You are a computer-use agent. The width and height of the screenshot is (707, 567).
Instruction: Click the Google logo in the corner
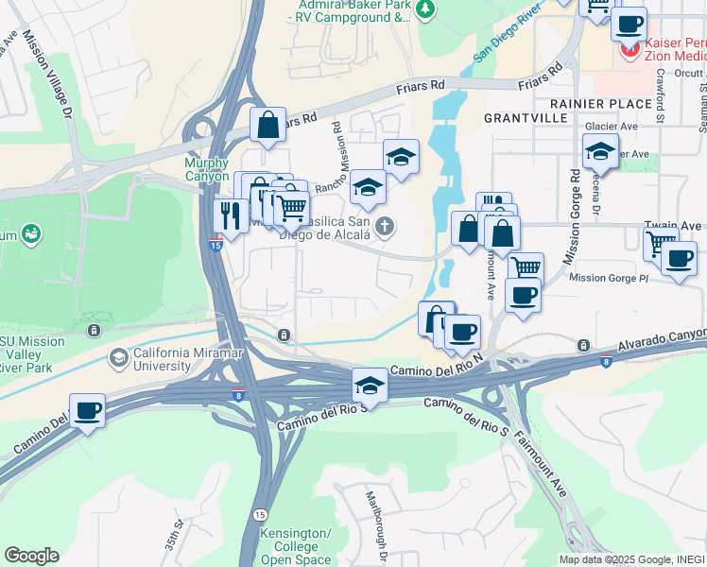31,556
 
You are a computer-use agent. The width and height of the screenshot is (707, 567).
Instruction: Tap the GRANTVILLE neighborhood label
526,118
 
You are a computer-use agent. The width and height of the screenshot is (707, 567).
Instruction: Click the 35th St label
176,535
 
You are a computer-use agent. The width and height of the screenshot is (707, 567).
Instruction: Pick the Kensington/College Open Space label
296,547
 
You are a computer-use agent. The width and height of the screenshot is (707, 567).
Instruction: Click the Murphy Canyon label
206,169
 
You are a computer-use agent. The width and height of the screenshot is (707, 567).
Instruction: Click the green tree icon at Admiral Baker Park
426,9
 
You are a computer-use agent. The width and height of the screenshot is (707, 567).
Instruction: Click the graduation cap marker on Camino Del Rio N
370,385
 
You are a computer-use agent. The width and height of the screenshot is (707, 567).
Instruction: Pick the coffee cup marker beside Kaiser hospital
628,23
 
